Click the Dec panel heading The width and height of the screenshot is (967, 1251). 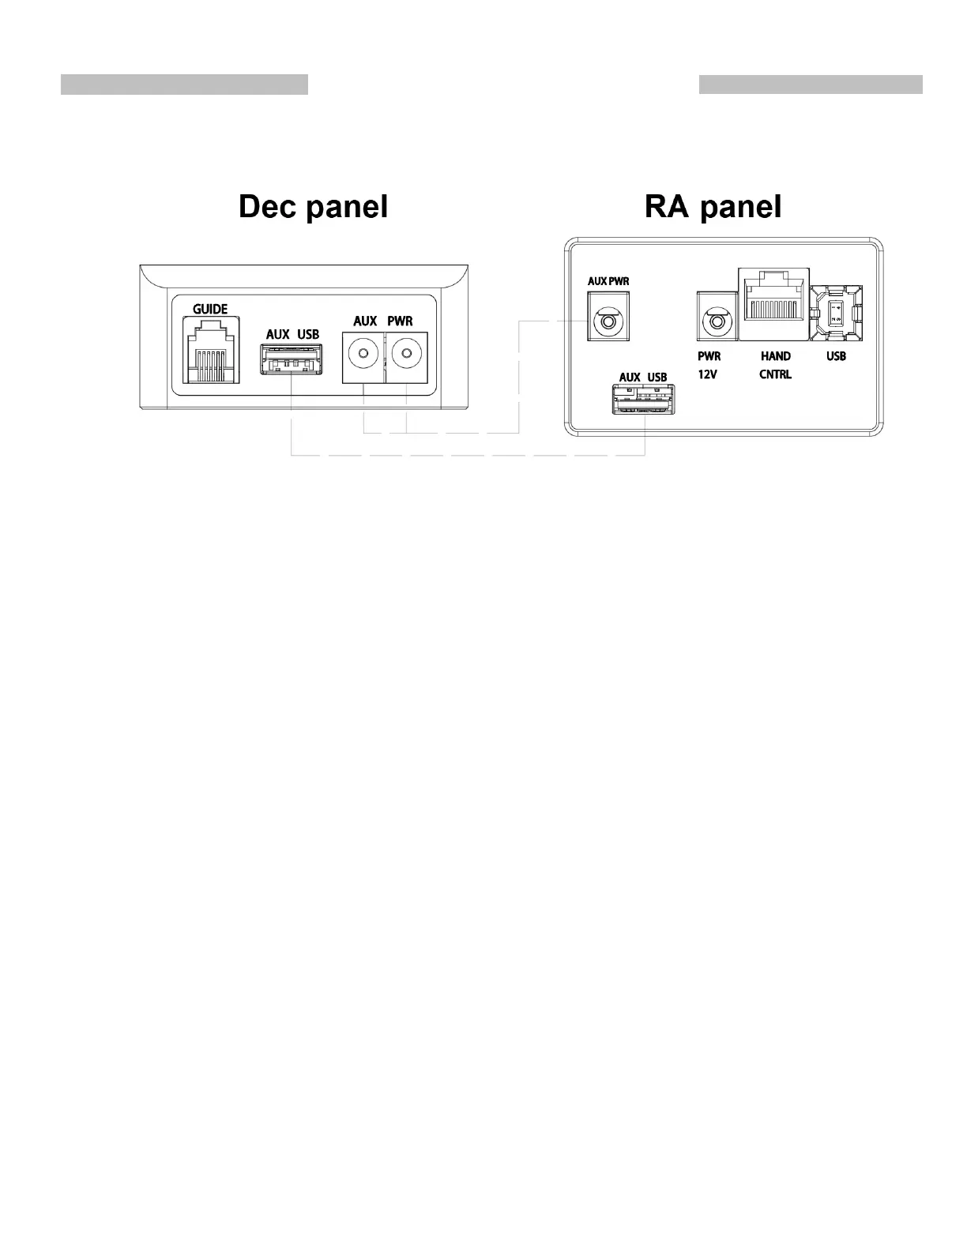tap(313, 207)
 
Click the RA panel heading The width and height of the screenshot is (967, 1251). tap(713, 207)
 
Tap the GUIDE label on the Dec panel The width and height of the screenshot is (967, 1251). tap(210, 310)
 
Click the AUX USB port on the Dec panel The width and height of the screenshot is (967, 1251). tap(292, 360)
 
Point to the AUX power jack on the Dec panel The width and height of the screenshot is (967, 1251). tap(363, 355)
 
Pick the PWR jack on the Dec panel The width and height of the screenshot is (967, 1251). tap(406, 355)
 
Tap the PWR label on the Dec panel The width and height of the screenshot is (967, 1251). tap(400, 321)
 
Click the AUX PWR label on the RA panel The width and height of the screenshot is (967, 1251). tap(608, 281)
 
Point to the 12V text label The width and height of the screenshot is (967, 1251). tap(707, 374)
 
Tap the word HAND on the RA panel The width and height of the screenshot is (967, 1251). tap(775, 356)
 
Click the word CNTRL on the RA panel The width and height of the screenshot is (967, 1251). tap(775, 374)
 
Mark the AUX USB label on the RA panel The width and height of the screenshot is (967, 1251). tap(642, 377)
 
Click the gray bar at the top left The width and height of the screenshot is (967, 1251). tap(184, 85)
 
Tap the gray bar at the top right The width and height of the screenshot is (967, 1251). tap(811, 85)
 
